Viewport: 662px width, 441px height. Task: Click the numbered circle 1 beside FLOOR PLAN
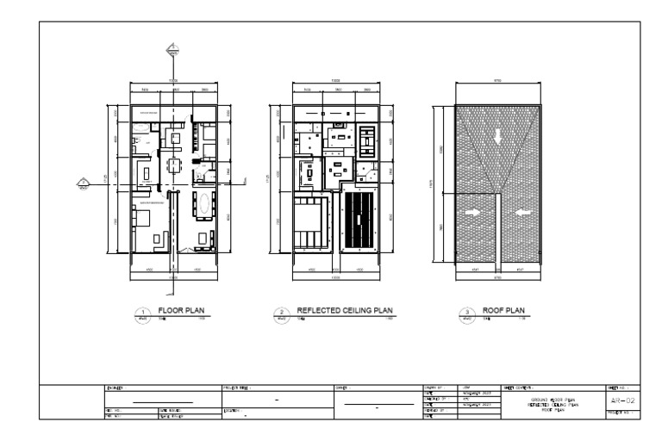tap(144, 315)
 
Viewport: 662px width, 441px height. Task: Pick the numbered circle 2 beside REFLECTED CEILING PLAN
tap(279, 315)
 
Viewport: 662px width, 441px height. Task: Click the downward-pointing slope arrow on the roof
tap(496, 136)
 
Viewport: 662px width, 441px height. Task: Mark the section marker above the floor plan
tap(172, 47)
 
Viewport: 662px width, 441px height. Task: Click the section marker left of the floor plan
tap(84, 182)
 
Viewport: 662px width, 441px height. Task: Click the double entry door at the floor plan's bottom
tap(175, 250)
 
